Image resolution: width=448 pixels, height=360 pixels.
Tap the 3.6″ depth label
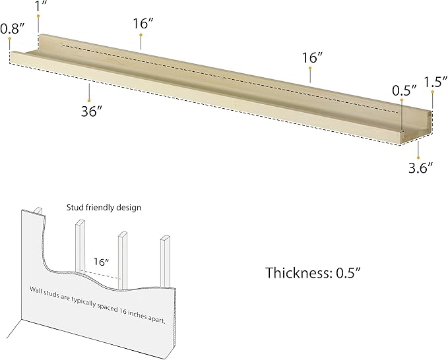(x=420, y=168)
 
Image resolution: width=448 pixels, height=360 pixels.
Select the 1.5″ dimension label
(x=435, y=82)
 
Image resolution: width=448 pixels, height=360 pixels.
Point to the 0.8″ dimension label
(x=13, y=28)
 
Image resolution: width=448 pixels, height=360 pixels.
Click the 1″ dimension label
(x=41, y=6)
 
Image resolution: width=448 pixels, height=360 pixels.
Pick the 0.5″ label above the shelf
(x=404, y=90)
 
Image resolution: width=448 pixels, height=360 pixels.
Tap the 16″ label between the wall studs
(x=102, y=262)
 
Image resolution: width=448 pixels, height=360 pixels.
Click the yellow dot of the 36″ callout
(x=89, y=101)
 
